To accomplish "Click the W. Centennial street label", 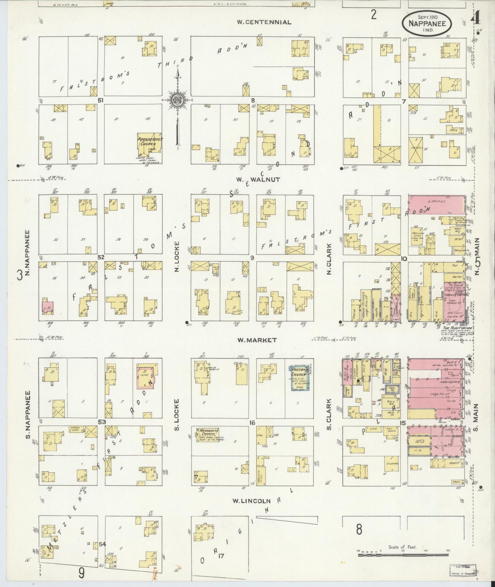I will point(264,22).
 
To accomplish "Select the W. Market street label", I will point(257,340).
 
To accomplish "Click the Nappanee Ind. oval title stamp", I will point(426,23).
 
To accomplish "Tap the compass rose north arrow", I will point(178,99).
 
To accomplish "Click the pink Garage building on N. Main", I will point(436,202).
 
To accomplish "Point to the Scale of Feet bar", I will point(403,554).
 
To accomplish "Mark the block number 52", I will point(101,258).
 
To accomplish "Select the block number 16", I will point(252,423).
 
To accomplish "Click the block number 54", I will point(102,544).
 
